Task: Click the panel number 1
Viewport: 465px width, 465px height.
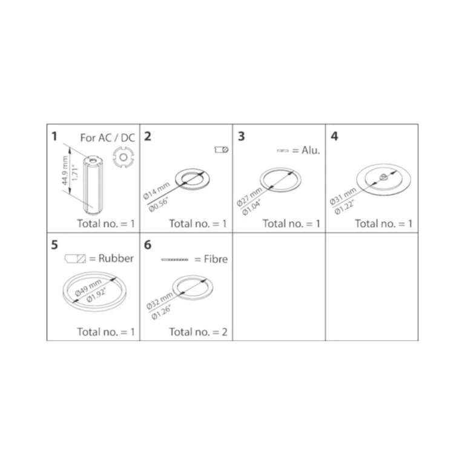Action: coord(54,136)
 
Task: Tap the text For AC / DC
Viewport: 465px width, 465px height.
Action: coord(108,138)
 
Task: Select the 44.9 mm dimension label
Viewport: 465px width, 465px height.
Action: coord(65,171)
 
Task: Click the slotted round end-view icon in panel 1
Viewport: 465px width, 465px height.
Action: coord(124,157)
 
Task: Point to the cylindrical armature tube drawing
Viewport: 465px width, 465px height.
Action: coord(93,185)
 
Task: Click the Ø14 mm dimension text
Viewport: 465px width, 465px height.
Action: coord(156,191)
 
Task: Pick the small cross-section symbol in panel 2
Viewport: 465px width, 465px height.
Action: coord(221,150)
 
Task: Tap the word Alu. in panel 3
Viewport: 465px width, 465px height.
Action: coord(311,150)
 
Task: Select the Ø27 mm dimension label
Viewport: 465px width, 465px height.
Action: coord(249,197)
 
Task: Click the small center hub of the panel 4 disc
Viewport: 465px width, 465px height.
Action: coord(383,177)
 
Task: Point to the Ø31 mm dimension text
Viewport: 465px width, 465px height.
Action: coord(343,196)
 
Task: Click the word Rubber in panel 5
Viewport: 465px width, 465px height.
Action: coord(116,259)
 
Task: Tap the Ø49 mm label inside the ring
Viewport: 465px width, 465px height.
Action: coord(88,288)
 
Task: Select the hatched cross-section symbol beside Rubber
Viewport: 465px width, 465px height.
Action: coord(75,259)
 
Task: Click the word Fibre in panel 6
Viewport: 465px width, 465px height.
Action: coord(216,259)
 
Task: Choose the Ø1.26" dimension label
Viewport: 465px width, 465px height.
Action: coord(161,312)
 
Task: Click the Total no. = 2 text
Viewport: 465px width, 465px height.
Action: coord(198,332)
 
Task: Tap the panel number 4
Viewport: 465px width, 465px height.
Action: coord(334,136)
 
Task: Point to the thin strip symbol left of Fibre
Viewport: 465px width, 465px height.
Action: coord(174,260)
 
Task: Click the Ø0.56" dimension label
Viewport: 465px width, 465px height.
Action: coord(159,205)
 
